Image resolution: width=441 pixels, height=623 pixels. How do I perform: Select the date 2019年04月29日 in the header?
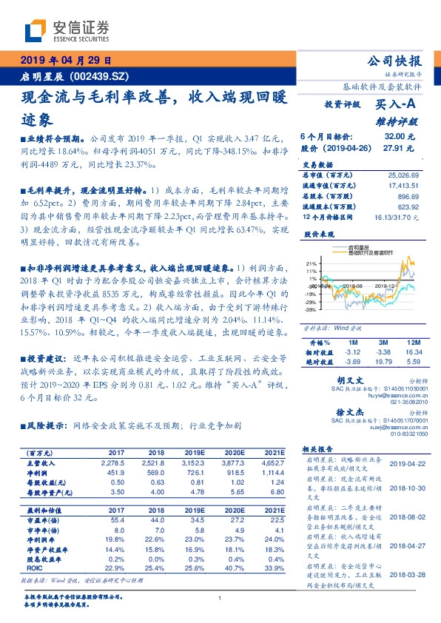point(65,61)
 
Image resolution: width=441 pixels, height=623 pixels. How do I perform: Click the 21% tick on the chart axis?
point(312,263)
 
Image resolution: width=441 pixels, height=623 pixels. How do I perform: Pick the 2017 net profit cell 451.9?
point(118,473)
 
